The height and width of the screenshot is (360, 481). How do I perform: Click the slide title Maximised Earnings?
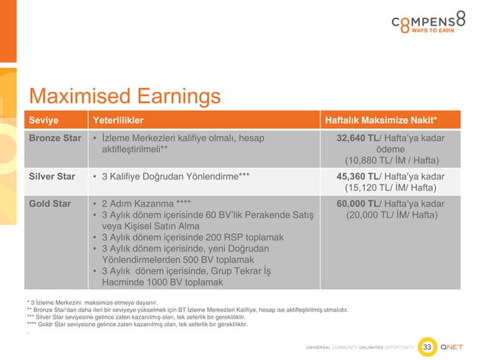(124, 96)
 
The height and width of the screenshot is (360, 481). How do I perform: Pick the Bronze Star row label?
(55, 139)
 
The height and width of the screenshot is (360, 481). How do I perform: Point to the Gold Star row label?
(50, 203)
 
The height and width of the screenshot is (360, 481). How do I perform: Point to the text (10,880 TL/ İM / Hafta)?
(392, 160)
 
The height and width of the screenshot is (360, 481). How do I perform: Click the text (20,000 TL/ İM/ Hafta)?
(392, 215)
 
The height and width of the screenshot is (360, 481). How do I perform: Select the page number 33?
(427, 346)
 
